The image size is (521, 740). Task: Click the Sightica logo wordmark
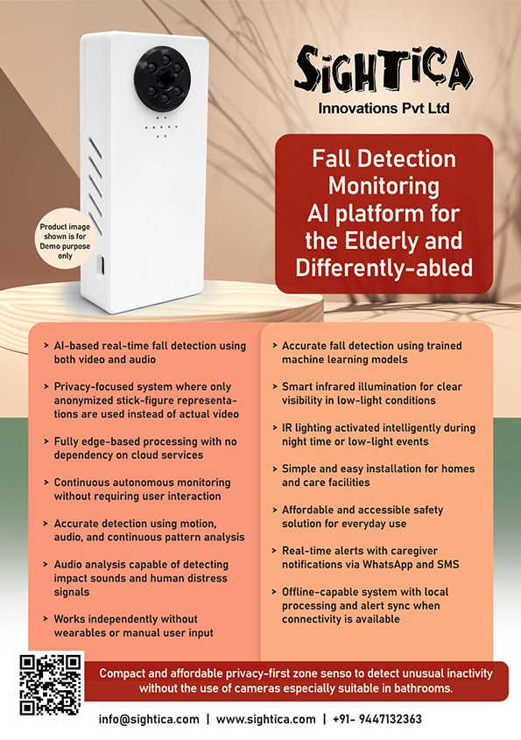click(x=383, y=70)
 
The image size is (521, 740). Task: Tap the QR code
click(x=51, y=684)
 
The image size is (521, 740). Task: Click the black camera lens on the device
click(x=164, y=74)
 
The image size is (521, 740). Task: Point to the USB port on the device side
click(x=102, y=264)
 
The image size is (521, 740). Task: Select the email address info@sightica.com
click(x=149, y=719)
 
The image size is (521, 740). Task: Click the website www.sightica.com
click(x=265, y=719)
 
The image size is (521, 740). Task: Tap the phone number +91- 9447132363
click(x=377, y=719)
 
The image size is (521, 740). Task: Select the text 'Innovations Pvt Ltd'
click(x=384, y=108)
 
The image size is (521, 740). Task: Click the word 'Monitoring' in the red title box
click(x=384, y=186)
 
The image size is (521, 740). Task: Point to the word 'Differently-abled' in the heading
click(x=384, y=268)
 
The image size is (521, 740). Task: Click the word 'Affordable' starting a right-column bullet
click(x=308, y=510)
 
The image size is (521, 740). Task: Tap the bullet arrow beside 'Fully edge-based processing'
click(x=46, y=441)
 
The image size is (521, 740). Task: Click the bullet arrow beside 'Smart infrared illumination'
click(x=275, y=386)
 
